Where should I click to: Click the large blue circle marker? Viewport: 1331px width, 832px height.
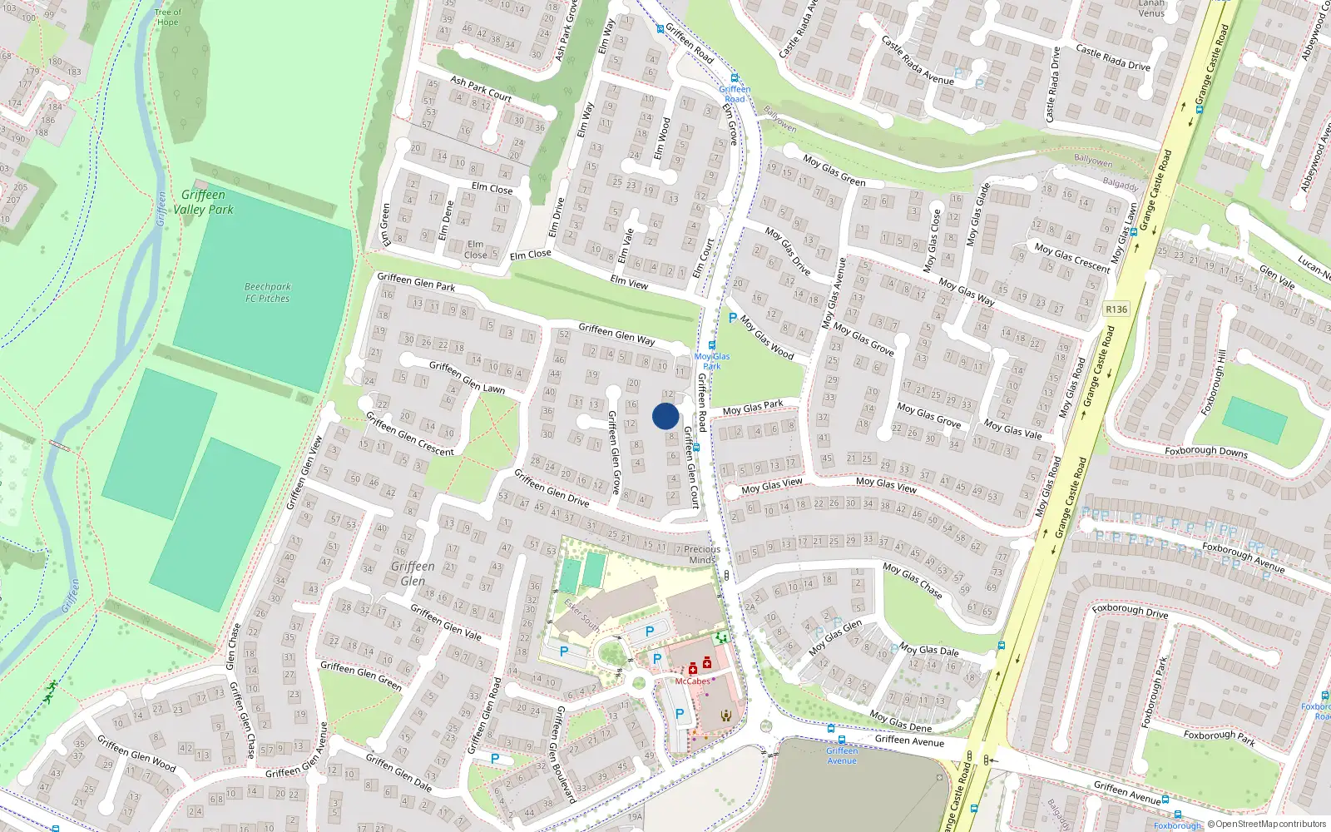point(665,416)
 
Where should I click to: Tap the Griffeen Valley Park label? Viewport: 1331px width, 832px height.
point(203,202)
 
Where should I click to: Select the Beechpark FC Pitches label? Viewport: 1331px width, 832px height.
point(267,292)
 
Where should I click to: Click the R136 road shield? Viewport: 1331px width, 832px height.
point(1116,310)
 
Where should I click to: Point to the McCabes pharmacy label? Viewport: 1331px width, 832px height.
point(692,681)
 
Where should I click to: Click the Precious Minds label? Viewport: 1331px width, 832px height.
point(702,554)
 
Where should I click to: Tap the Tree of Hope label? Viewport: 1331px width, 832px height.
point(167,17)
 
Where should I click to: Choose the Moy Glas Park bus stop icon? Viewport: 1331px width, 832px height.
point(711,345)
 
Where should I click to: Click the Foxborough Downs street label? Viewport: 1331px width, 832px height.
point(1205,451)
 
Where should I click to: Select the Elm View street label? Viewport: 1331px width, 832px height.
point(629,282)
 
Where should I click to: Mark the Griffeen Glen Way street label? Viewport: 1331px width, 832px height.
point(616,334)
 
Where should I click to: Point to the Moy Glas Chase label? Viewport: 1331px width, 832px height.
point(913,580)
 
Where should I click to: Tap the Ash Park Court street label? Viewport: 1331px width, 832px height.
point(481,88)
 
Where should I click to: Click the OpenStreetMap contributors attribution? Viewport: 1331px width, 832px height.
point(1266,824)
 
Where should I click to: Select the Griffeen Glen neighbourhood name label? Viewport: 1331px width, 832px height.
point(413,573)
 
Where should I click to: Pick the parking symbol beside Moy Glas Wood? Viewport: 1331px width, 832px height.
point(732,318)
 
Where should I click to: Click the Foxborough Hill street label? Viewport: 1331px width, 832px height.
point(1213,383)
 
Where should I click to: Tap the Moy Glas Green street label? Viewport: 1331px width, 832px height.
point(834,170)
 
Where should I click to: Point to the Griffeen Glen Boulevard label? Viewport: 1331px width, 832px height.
point(565,754)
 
